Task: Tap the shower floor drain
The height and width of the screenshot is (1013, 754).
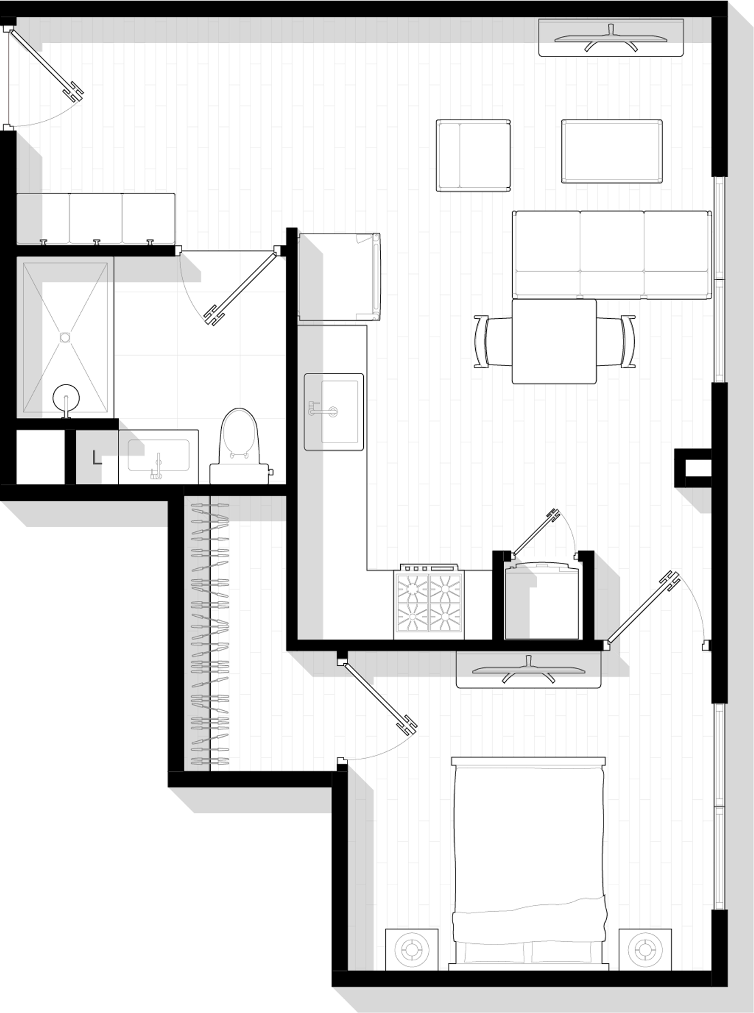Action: click(65, 338)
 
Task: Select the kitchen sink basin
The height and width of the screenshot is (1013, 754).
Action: click(334, 412)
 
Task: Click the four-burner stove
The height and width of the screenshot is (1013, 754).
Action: click(429, 602)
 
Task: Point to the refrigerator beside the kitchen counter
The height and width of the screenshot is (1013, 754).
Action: click(339, 277)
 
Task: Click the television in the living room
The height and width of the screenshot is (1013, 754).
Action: click(611, 37)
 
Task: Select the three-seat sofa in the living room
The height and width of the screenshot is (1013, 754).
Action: click(612, 255)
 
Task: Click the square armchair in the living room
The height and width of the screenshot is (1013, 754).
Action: click(473, 155)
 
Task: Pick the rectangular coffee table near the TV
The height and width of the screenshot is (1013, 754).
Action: click(612, 151)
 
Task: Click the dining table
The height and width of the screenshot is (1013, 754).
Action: click(554, 341)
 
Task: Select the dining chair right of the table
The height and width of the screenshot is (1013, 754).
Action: click(616, 341)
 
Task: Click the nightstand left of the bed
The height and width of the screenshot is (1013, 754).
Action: click(412, 950)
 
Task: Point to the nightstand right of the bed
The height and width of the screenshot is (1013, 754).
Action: click(645, 950)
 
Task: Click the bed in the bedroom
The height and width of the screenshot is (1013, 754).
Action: click(529, 864)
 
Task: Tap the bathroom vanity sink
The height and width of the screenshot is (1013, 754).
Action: click(158, 457)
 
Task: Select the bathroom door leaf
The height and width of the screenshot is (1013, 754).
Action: click(242, 287)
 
